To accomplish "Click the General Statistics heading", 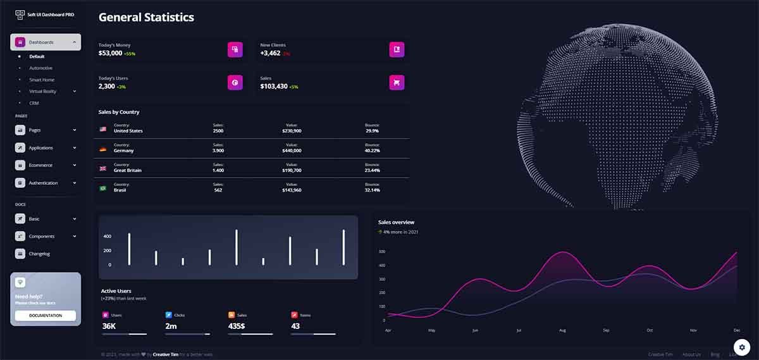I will tap(146, 18).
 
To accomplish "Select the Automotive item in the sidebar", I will tap(40, 68).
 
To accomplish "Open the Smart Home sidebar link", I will tap(42, 80).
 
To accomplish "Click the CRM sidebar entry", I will tap(34, 102).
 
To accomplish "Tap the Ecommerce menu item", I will tap(40, 165).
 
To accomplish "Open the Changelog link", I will tap(39, 254).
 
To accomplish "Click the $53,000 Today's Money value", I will tap(110, 54).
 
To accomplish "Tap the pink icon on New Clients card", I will tap(397, 49).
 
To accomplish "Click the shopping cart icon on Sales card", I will tap(397, 82).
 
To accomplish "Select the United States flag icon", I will tap(103, 129).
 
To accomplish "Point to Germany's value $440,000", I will tap(292, 151).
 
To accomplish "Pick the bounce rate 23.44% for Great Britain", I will tap(372, 170).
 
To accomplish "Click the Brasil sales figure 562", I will tap(218, 190).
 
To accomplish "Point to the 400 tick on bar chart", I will tap(107, 237).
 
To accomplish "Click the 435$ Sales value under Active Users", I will tap(237, 326).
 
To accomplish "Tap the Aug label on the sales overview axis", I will tap(562, 330).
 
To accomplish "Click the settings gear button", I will tap(741, 347).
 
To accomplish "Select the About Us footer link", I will tap(691, 354).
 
